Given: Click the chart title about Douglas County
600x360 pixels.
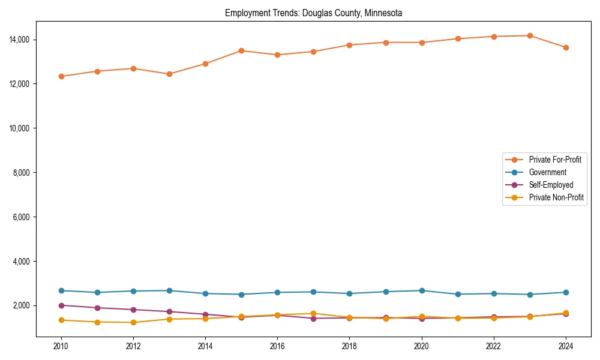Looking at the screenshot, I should pos(313,13).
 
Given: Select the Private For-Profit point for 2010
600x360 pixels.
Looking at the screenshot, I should pos(61,76).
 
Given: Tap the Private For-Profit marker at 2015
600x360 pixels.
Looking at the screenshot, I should pos(241,50).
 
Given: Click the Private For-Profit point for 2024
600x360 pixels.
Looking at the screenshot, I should pos(566,47).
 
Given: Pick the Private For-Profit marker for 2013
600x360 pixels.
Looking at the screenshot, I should pos(169,74).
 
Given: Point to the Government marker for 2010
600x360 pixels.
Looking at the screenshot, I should pos(61,290).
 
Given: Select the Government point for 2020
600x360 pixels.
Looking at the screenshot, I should pos(422,290).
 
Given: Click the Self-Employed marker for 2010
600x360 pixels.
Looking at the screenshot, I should pos(61,305).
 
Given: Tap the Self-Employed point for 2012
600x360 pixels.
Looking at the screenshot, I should pos(133,310).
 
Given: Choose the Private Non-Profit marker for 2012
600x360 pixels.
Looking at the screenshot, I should pos(133,322).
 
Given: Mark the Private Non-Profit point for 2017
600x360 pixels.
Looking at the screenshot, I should pos(313,313).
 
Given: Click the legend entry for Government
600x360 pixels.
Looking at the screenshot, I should pos(547,172).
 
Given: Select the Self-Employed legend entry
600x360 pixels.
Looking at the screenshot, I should pos(551,185).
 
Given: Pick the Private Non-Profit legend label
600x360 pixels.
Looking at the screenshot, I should pos(556,197).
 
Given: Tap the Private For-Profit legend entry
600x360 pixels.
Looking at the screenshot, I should pos(555,160).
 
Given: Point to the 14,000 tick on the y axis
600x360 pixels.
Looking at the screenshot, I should pos(19,40).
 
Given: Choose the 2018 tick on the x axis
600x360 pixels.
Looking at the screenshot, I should pos(349,346).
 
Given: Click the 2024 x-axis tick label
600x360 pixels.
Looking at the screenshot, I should pos(566,346).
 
